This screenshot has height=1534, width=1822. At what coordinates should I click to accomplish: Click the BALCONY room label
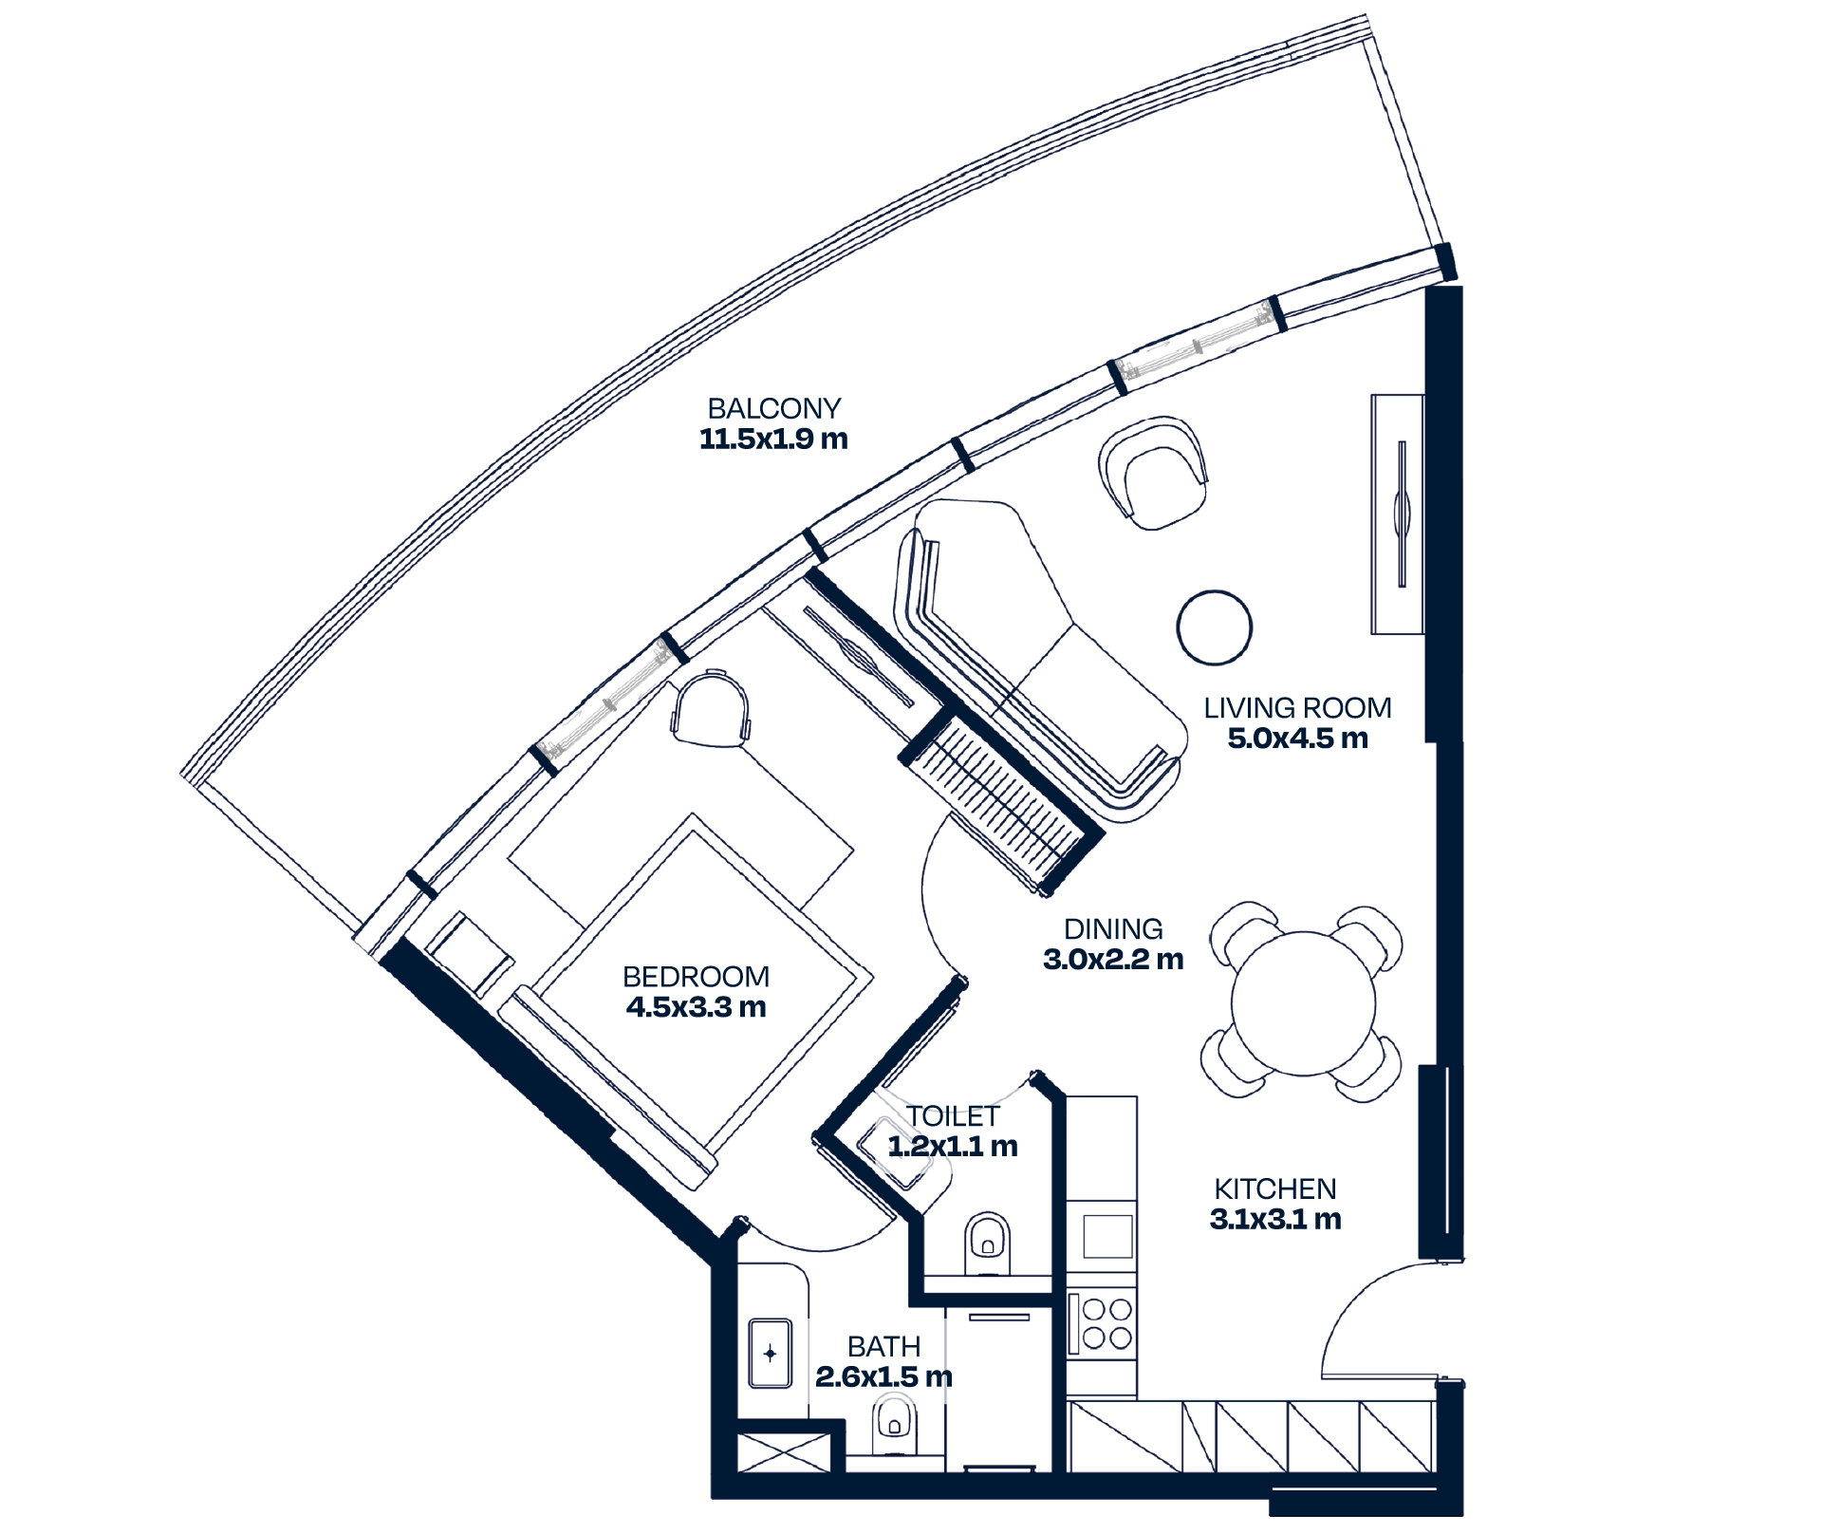pyautogui.click(x=773, y=409)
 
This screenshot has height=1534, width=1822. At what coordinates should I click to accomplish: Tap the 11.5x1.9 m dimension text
pyautogui.click(x=773, y=440)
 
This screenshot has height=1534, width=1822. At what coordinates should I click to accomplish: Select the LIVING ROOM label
pyautogui.click(x=1297, y=708)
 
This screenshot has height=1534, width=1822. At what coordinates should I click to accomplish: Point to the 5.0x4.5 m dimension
pyautogui.click(x=1297, y=739)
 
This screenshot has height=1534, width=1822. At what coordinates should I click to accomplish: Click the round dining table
pyautogui.click(x=1303, y=1003)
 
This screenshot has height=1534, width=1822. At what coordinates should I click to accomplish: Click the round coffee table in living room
pyautogui.click(x=1214, y=627)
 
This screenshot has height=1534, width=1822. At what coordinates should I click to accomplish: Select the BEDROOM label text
pyautogui.click(x=696, y=977)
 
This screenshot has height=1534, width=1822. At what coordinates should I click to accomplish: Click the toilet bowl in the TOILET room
pyautogui.click(x=987, y=1243)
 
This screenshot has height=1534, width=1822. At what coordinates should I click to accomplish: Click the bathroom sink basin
pyautogui.click(x=770, y=1353)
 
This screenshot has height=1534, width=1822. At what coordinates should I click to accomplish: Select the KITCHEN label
pyautogui.click(x=1274, y=1189)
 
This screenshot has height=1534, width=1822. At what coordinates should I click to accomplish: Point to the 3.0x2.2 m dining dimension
pyautogui.click(x=1113, y=960)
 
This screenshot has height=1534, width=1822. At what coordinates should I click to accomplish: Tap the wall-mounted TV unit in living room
pyautogui.click(x=1398, y=514)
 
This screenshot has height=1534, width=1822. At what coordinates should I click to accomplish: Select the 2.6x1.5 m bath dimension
pyautogui.click(x=883, y=1377)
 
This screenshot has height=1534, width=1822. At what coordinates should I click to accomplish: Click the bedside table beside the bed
pyautogui.click(x=470, y=954)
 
